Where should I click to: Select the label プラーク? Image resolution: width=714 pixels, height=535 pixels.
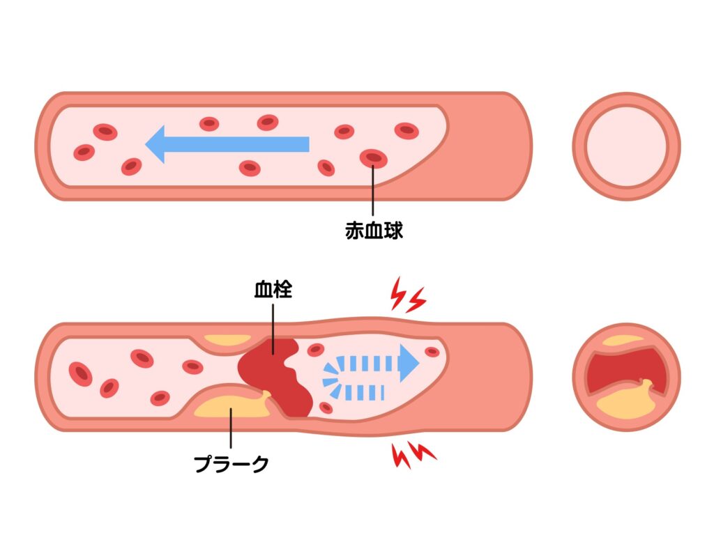(x=231, y=463)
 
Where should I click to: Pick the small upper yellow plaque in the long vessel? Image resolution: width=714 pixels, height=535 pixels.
(x=225, y=341)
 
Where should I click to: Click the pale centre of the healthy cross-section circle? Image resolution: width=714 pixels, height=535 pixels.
(x=625, y=146)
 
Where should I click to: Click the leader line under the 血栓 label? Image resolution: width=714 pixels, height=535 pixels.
(x=273, y=324)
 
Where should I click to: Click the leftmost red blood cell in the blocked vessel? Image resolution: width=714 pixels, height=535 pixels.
(x=80, y=373)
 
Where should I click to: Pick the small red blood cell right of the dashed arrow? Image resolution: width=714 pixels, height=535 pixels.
(x=432, y=352)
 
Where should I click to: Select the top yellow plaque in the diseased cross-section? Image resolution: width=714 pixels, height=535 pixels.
(x=623, y=341)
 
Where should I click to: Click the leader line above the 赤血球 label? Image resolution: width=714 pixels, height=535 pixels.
(x=374, y=192)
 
